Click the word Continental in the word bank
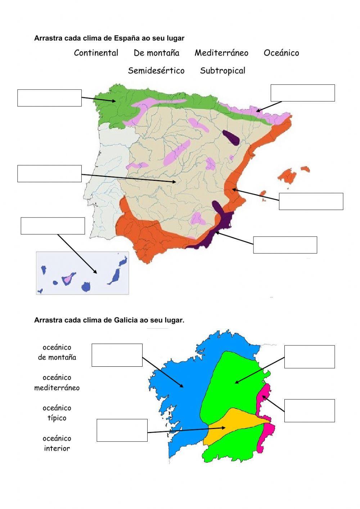(96, 53)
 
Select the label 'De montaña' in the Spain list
(156, 53)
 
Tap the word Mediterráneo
(221, 53)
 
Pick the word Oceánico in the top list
(281, 53)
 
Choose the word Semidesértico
(156, 71)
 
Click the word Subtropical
(222, 71)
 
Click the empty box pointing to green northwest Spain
(49, 98)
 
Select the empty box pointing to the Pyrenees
(302, 93)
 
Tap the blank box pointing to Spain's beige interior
(49, 174)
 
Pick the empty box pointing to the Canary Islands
(53, 226)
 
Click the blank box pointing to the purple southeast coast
(285, 245)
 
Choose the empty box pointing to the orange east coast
(311, 201)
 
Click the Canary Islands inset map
(82, 273)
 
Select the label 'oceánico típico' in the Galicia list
(57, 413)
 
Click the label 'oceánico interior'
(57, 443)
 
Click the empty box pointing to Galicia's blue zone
(117, 355)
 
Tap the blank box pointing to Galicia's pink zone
(309, 411)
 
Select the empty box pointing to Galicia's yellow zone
(122, 430)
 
